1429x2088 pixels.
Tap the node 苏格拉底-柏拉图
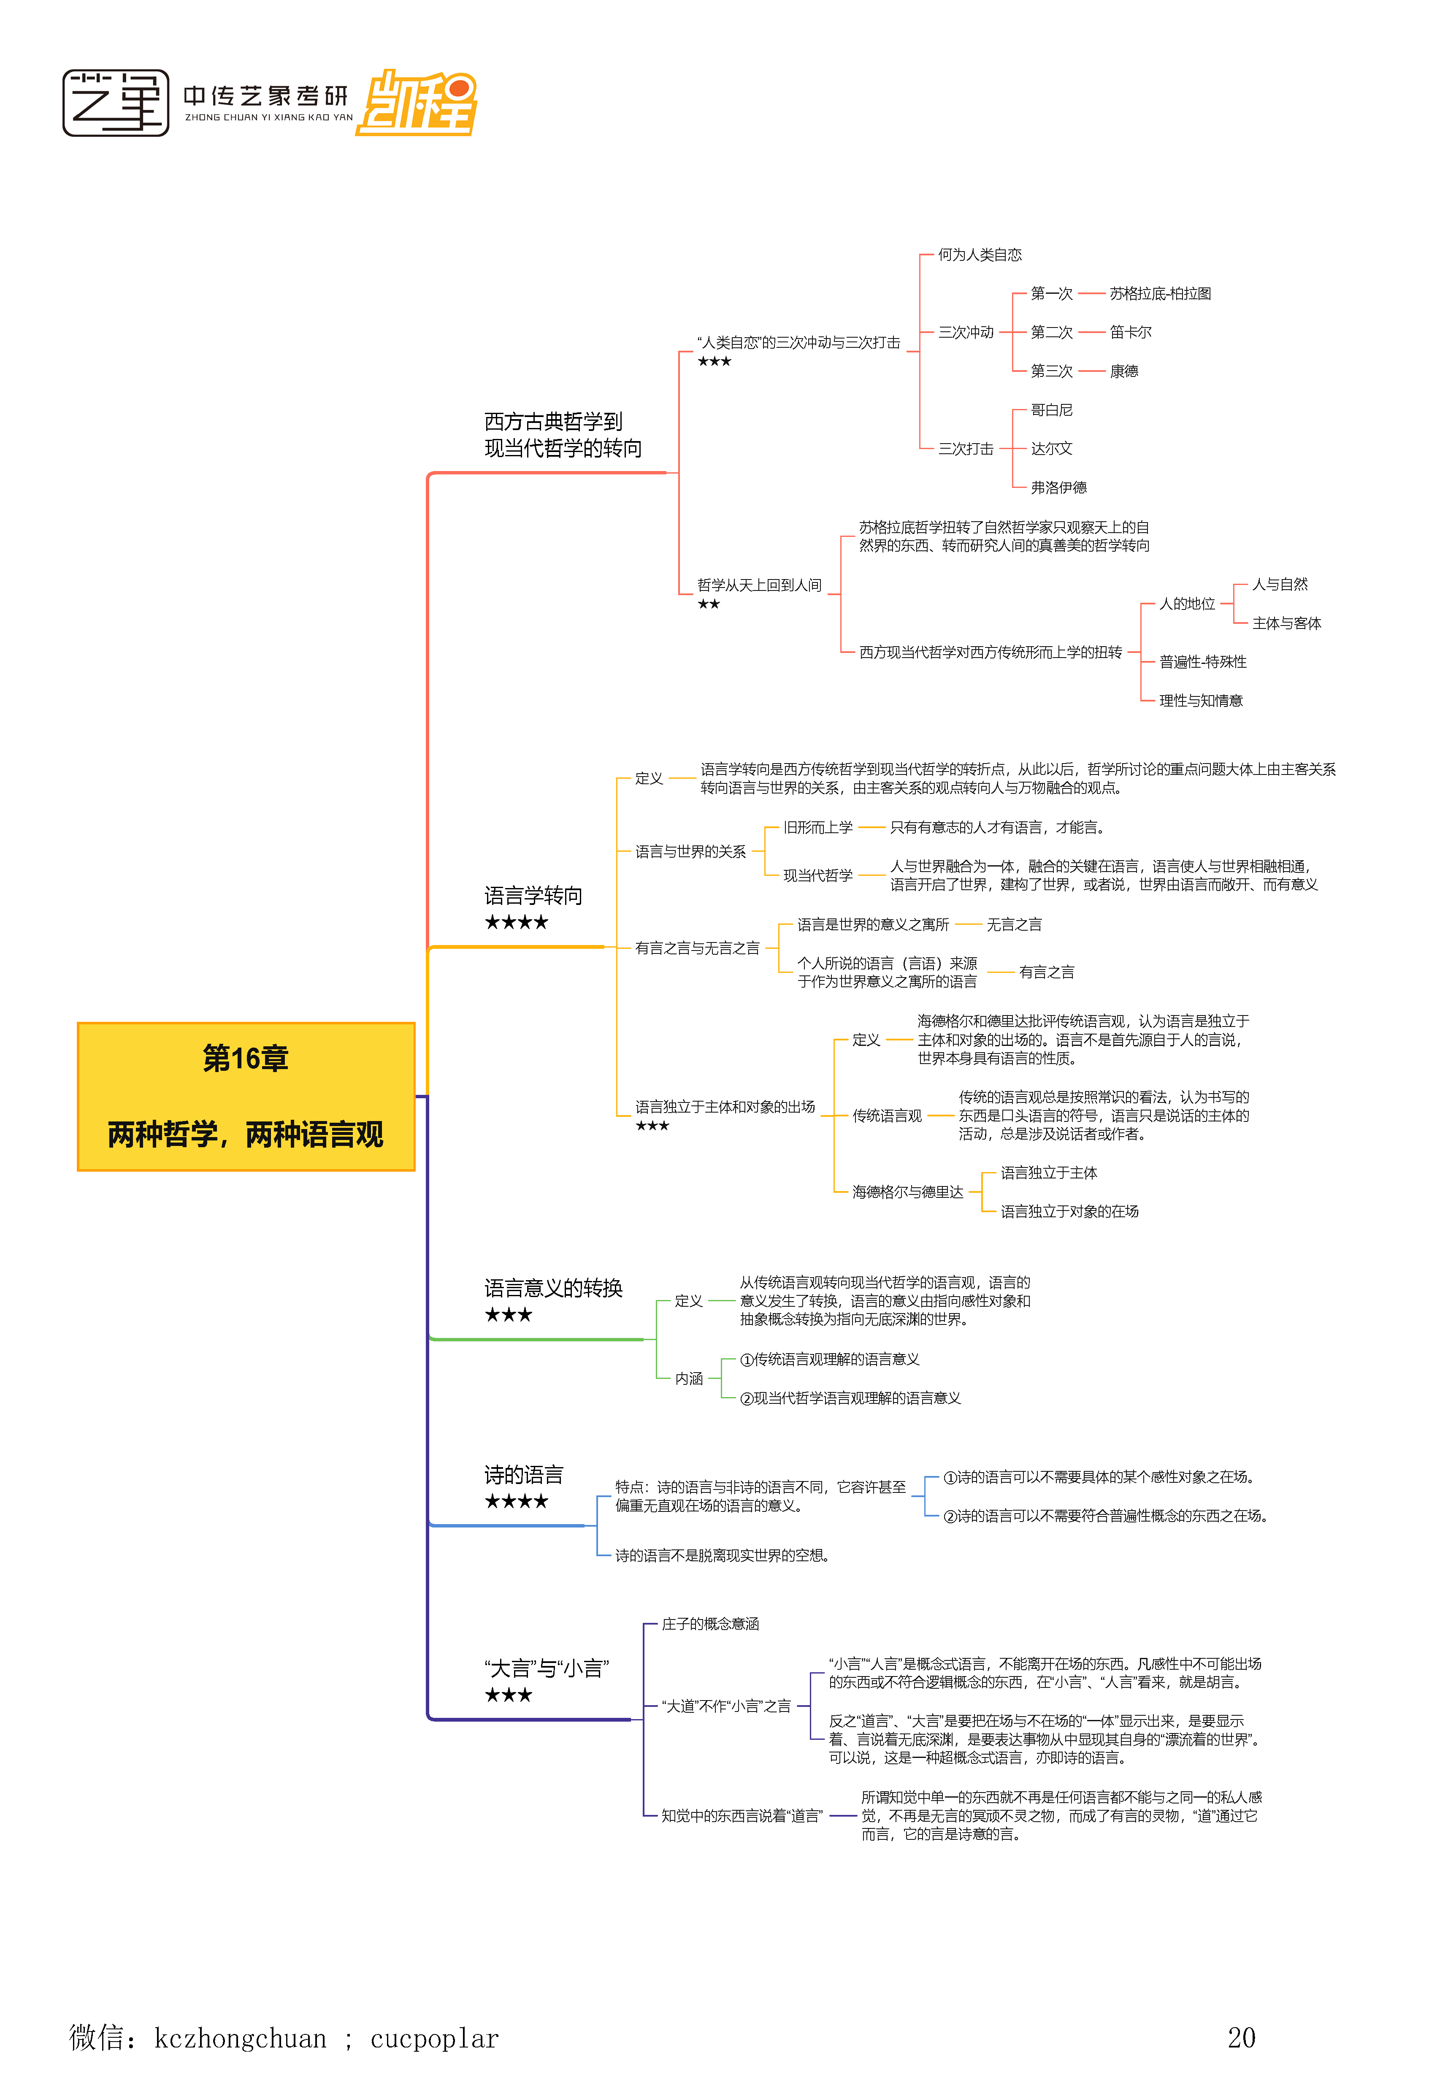(x=1160, y=294)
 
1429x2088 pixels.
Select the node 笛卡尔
(x=1130, y=333)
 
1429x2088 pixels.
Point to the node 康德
(x=1123, y=371)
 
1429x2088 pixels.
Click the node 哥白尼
(x=1051, y=410)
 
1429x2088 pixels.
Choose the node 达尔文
(x=1051, y=448)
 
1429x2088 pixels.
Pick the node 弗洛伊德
(x=1058, y=487)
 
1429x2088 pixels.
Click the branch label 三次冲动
(x=966, y=333)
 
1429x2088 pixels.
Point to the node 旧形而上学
(x=817, y=827)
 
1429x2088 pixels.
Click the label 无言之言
(x=1014, y=924)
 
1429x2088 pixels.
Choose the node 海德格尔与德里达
(x=907, y=1192)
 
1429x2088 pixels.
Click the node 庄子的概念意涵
(x=709, y=1623)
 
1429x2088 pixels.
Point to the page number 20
(x=1241, y=2038)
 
